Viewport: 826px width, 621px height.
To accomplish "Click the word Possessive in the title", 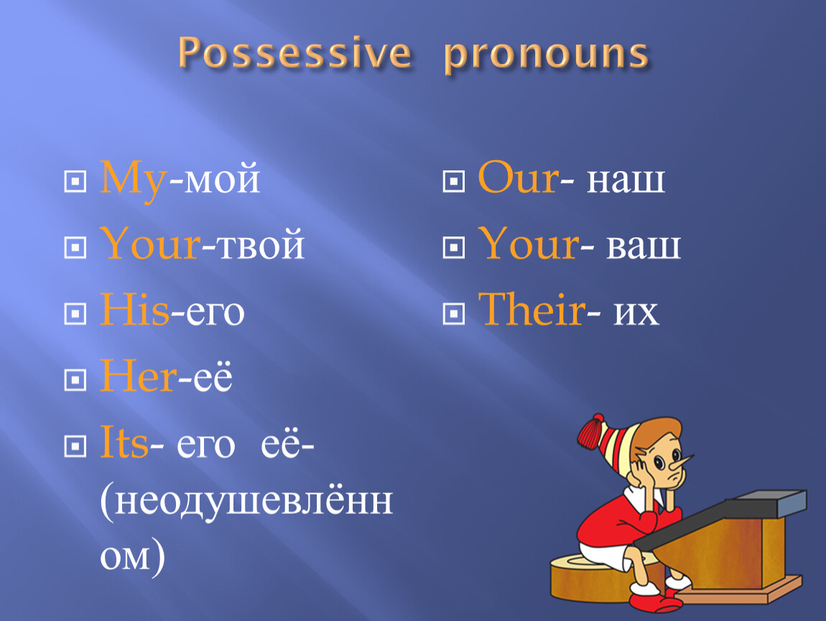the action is (x=294, y=52).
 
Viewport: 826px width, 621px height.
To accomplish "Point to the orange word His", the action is (x=135, y=309).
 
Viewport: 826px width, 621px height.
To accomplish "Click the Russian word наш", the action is (x=626, y=180).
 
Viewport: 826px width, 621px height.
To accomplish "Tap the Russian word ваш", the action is (x=644, y=247).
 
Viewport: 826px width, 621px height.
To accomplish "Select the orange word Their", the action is (x=532, y=309).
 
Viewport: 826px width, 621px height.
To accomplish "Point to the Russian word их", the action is (x=636, y=313).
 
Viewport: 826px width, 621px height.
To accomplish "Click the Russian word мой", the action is (x=222, y=179).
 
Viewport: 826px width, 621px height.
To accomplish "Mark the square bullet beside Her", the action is (x=75, y=379).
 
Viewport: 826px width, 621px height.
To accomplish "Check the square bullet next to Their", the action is (x=454, y=313).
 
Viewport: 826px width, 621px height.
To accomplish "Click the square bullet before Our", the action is (x=454, y=181).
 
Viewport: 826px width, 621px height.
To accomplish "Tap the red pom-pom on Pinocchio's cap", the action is (x=591, y=431).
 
